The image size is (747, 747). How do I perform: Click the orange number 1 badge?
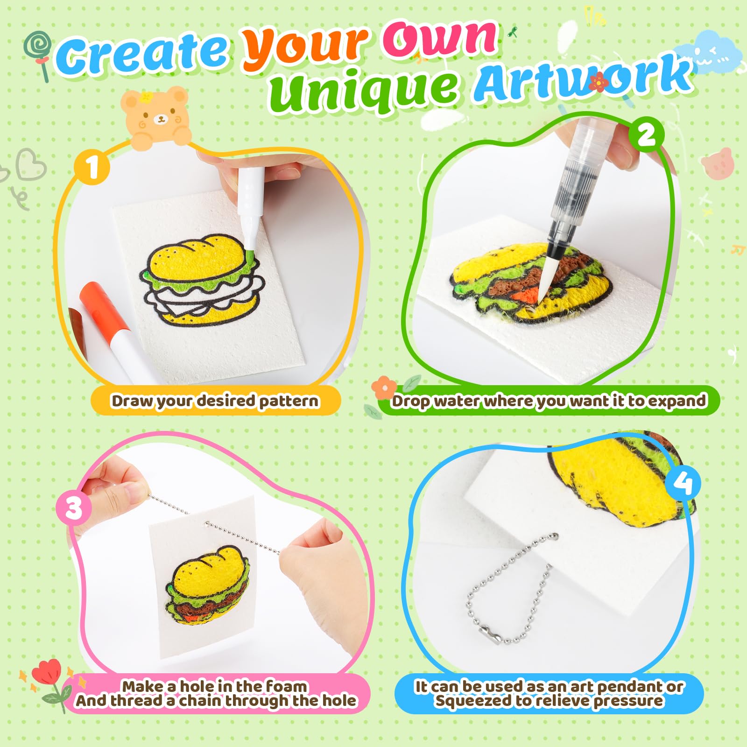point(92,167)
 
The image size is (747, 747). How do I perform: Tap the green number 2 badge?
point(646,135)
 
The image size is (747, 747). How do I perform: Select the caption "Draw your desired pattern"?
point(215,401)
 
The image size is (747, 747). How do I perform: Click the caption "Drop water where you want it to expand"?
point(549,401)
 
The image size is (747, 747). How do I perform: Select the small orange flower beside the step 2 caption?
point(384,388)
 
